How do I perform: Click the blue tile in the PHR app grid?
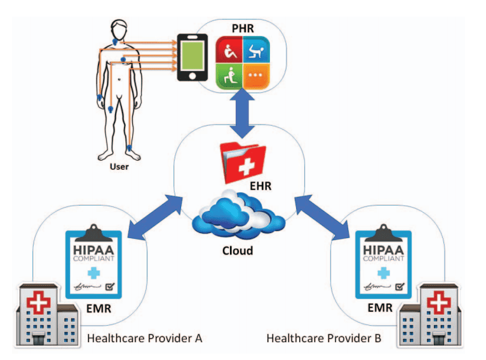tap(257, 53)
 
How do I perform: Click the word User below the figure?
tap(119, 168)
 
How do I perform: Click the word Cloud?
tap(237, 250)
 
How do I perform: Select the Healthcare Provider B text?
tap(324, 338)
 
